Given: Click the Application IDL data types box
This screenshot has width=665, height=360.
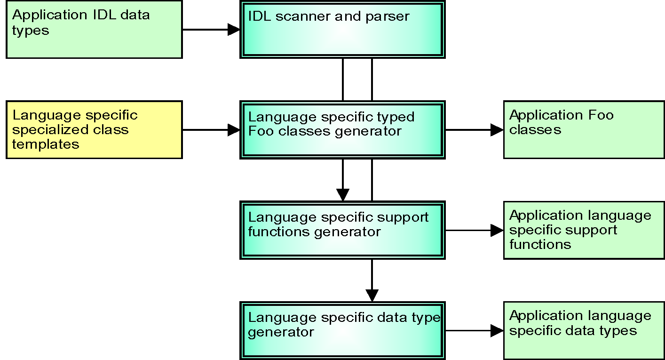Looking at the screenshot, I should tap(94, 29).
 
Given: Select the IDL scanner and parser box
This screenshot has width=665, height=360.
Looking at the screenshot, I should tap(342, 29).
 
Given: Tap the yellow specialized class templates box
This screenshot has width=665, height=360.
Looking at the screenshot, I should tap(94, 129).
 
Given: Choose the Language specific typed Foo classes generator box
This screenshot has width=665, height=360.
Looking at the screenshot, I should tap(342, 129).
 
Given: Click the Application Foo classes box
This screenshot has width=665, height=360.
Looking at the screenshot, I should tap(584, 129).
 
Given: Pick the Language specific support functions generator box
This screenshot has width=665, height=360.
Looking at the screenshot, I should tap(342, 230).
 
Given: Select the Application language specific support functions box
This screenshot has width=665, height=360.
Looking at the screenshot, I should tap(584, 230).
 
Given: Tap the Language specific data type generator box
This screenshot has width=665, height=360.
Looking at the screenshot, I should tap(342, 330).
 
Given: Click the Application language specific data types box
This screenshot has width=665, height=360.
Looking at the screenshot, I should tap(584, 330).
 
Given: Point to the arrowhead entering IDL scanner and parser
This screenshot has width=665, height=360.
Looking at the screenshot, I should tap(234, 30).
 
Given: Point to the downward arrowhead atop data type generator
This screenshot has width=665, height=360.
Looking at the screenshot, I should tap(372, 295).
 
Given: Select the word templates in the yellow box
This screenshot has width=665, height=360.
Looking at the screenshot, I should tap(46, 144).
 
